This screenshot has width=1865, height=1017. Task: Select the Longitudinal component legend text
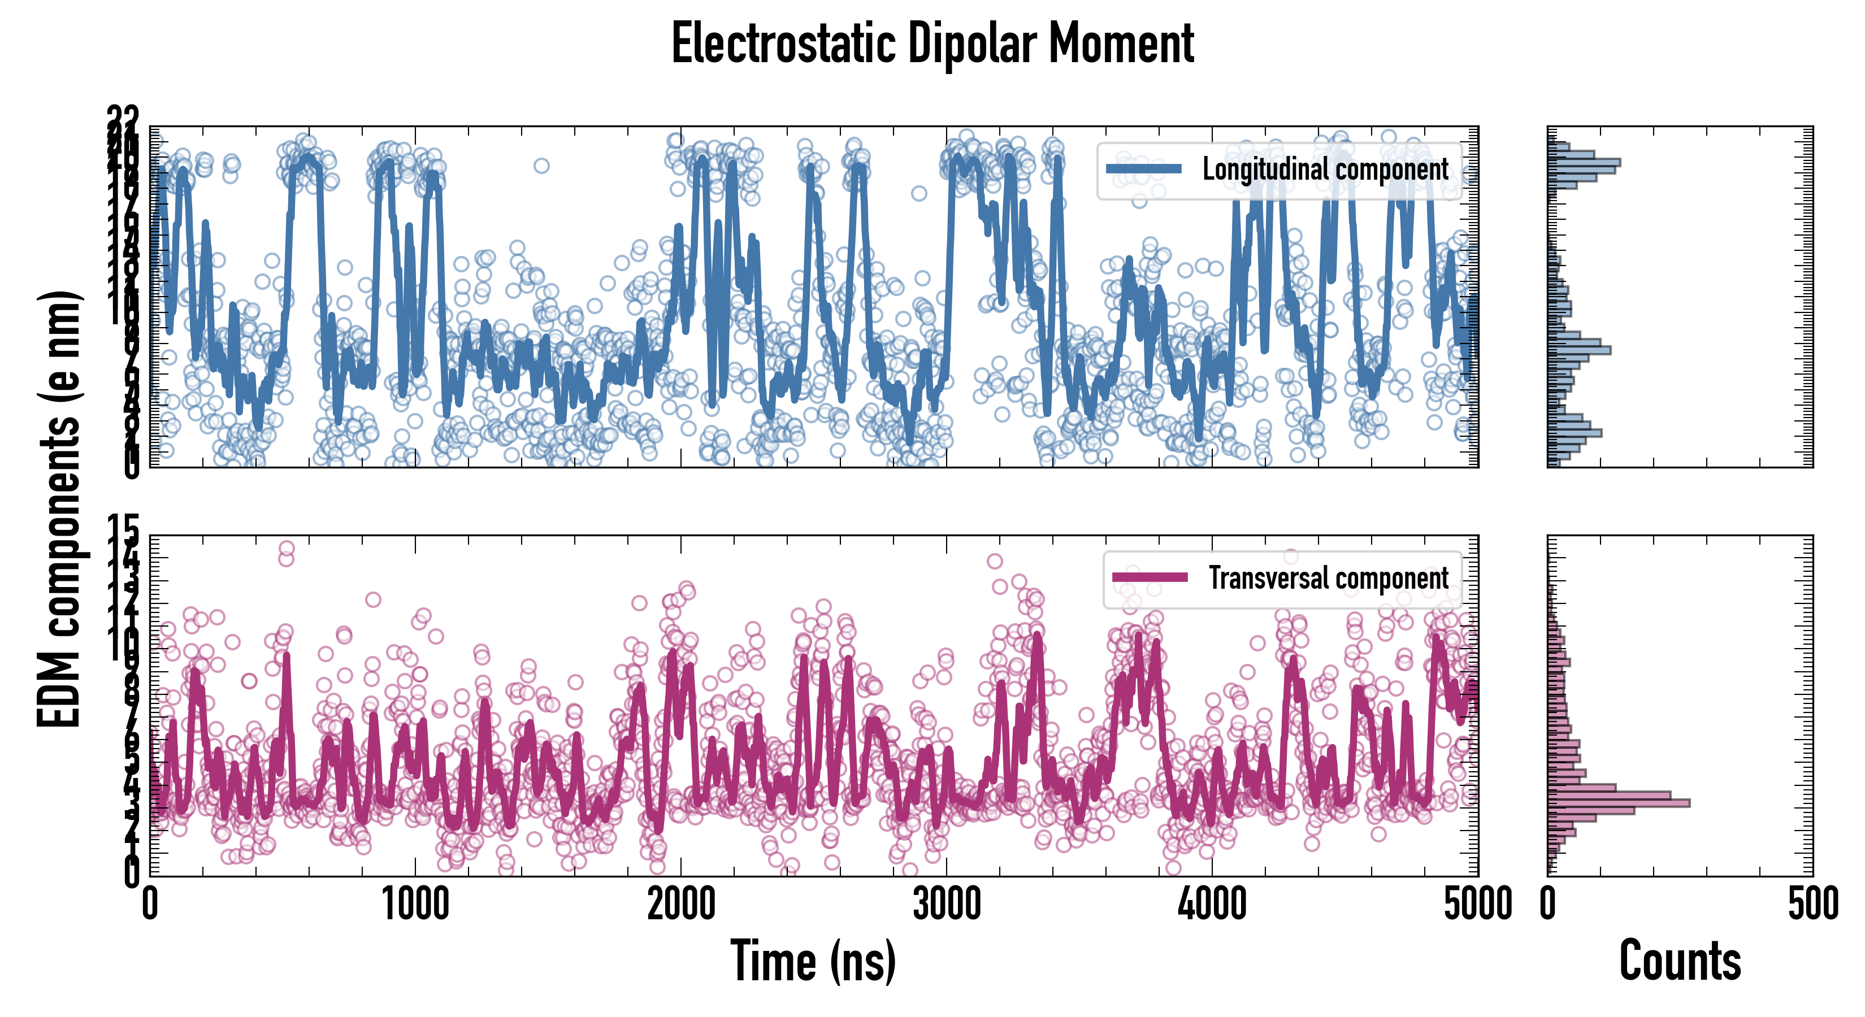pos(1325,169)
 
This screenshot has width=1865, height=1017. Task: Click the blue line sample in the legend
pos(1143,169)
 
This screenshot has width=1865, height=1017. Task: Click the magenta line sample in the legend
pos(1149,577)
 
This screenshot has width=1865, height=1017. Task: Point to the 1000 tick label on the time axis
pos(415,905)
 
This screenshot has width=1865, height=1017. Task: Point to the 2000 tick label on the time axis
pos(680,905)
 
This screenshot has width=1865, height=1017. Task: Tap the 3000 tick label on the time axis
pos(946,905)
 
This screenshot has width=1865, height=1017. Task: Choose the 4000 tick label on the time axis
pos(1212,905)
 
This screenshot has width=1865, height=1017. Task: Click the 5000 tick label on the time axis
pos(1477,905)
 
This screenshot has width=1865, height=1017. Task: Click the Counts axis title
pos(1680,961)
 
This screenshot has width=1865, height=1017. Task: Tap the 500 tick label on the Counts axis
pos(1812,905)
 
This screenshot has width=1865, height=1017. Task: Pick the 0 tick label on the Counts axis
pos(1548,905)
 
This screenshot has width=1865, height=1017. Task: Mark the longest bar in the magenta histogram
pos(1618,803)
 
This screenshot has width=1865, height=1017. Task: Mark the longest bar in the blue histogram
pos(1584,162)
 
